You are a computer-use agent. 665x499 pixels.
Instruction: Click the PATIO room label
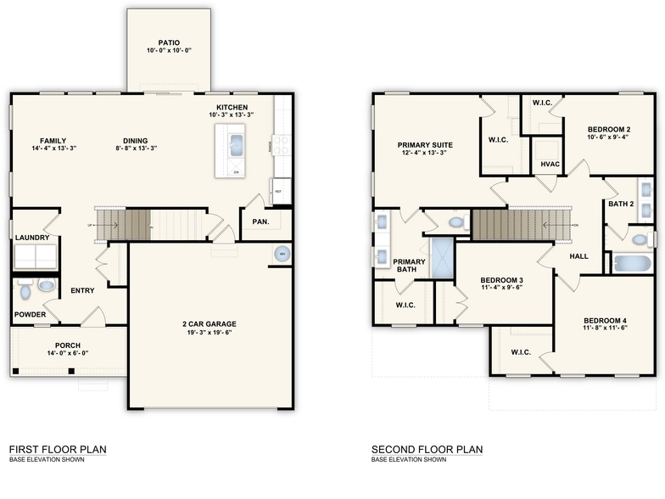pos(168,42)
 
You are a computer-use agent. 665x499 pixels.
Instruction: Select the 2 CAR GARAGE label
pos(209,323)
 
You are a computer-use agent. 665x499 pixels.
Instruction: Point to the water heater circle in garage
pos(281,255)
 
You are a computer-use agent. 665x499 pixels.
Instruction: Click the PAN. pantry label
pos(260,221)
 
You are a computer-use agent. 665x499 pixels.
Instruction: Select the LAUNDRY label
pos(32,238)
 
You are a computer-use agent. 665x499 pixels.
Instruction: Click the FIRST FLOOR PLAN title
pos(58,449)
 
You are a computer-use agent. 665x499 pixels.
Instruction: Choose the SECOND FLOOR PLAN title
pos(427,449)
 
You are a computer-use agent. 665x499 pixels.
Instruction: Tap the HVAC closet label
pos(549,164)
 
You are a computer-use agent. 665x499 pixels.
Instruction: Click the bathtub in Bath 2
pos(629,264)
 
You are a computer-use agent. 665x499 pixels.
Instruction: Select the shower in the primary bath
pos(442,258)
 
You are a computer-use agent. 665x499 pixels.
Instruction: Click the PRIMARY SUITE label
pos(425,145)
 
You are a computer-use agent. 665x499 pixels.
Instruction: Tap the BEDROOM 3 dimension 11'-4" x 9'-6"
pos(500,288)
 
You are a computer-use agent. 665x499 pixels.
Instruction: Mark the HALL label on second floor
pos(579,255)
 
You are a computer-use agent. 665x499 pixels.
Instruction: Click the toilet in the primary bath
pos(457,223)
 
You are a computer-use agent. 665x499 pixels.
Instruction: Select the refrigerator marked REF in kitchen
pos(279,192)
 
